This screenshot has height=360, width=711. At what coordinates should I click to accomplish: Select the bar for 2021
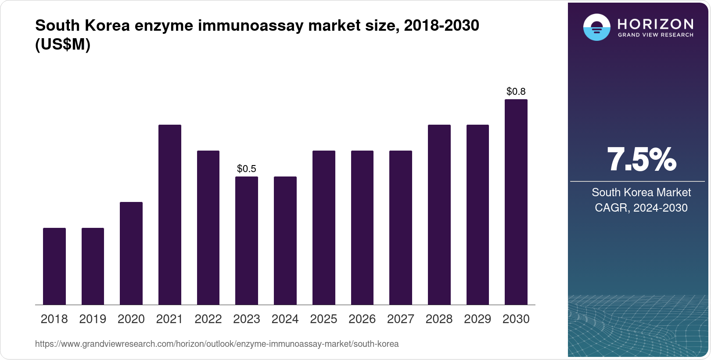tap(169, 215)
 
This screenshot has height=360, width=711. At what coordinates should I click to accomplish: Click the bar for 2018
tap(54, 266)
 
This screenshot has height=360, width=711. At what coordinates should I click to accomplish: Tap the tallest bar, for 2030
tap(516, 202)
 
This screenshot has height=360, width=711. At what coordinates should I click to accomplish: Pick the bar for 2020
tap(131, 253)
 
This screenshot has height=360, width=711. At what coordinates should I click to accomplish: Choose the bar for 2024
tap(285, 241)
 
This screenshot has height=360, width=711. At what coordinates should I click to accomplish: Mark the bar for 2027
tap(400, 227)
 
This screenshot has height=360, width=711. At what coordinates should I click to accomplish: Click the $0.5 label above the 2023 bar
tap(246, 169)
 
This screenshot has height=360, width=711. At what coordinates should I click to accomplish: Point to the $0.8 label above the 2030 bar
tap(516, 91)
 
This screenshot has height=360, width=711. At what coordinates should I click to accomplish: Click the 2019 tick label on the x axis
tap(93, 319)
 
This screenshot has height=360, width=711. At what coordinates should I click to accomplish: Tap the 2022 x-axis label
tap(208, 319)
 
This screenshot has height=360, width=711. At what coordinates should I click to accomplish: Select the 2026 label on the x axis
tap(362, 319)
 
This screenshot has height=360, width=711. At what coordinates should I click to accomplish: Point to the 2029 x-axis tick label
tap(478, 319)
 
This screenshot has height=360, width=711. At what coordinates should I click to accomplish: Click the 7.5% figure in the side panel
tap(641, 160)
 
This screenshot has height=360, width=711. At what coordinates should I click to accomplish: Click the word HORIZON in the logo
tap(655, 24)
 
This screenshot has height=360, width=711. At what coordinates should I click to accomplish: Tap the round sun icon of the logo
tap(596, 27)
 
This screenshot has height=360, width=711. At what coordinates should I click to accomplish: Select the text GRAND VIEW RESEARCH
tap(655, 35)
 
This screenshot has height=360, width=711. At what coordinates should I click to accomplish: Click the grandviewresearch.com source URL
tap(217, 344)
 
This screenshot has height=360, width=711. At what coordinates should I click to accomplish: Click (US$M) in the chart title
tap(62, 44)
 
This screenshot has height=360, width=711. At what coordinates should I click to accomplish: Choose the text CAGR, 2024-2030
tap(641, 208)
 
